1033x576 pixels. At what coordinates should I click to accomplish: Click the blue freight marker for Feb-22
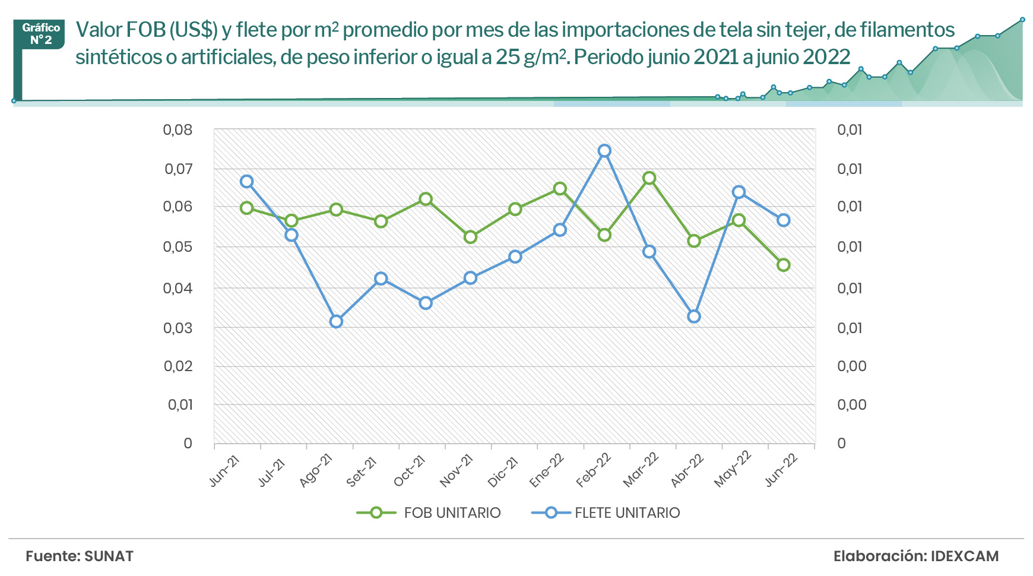[x=604, y=151]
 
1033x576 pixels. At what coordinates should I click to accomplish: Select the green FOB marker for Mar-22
[x=649, y=178]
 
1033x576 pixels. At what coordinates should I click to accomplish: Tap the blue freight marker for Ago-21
[x=336, y=321]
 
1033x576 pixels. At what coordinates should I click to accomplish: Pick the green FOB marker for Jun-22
[x=783, y=265]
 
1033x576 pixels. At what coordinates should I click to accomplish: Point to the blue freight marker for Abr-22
[x=694, y=317]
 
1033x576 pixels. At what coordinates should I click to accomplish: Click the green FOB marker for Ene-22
[x=559, y=189]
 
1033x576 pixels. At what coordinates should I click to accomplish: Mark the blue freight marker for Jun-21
[x=246, y=182]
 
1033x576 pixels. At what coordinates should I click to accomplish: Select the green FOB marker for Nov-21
[x=470, y=237]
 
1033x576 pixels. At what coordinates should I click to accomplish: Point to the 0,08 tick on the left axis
[x=178, y=130]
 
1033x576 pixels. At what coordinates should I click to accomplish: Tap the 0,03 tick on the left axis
[x=178, y=328]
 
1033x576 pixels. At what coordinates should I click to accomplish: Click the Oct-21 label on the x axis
[x=410, y=471]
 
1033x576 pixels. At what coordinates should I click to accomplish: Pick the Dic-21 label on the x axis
[x=503, y=471]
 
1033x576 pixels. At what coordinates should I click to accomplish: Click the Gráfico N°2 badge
[x=41, y=34]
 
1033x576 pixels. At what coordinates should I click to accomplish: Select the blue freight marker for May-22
[x=739, y=192]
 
